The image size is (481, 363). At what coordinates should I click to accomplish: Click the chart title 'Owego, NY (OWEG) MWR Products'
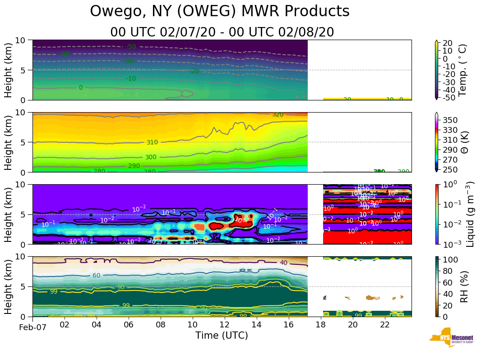[x=220, y=11]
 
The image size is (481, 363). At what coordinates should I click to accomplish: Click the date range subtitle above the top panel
[x=222, y=32]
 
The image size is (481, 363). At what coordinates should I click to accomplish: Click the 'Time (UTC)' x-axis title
[x=222, y=336]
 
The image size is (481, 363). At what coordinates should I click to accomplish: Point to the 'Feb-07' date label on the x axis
[x=32, y=327]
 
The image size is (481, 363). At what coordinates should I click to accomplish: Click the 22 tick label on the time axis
[x=385, y=325]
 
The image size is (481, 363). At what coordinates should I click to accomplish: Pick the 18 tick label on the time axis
[x=321, y=325]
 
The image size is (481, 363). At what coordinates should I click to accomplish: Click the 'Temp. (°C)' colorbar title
[x=462, y=70]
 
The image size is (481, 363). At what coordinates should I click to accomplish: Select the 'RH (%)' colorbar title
[x=463, y=286]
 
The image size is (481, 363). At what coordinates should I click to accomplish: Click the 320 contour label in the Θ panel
[x=277, y=114]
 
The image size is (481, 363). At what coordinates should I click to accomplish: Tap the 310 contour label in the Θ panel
[x=152, y=142]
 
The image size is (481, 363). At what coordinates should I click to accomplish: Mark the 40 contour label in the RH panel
[x=283, y=263]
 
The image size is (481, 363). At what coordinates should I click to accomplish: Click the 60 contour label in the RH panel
[x=96, y=275]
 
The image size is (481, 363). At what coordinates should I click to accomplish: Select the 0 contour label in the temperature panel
[x=81, y=87]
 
